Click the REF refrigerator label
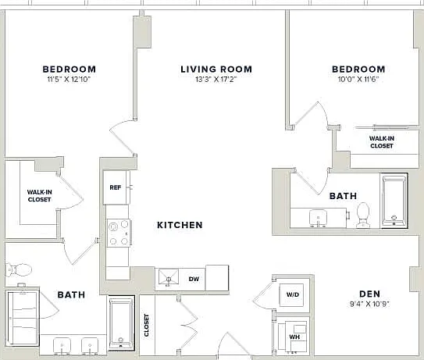[116, 187]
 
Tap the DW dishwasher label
[194, 279]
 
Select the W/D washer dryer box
[293, 295]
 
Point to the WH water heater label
[294, 337]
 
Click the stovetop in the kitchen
[119, 233]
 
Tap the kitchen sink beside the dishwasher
[169, 277]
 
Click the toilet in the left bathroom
[19, 269]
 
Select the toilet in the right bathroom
[362, 215]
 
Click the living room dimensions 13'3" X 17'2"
[216, 79]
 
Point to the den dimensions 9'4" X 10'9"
[369, 304]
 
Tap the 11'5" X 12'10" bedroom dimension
[69, 79]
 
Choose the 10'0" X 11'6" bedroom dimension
[358, 79]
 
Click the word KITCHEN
[180, 225]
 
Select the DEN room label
[369, 294]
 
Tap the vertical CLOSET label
[146, 325]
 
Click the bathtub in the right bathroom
[394, 201]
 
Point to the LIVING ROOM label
[216, 70]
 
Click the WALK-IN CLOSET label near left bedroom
[40, 196]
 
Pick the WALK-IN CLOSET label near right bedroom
[382, 142]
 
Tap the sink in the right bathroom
[318, 218]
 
